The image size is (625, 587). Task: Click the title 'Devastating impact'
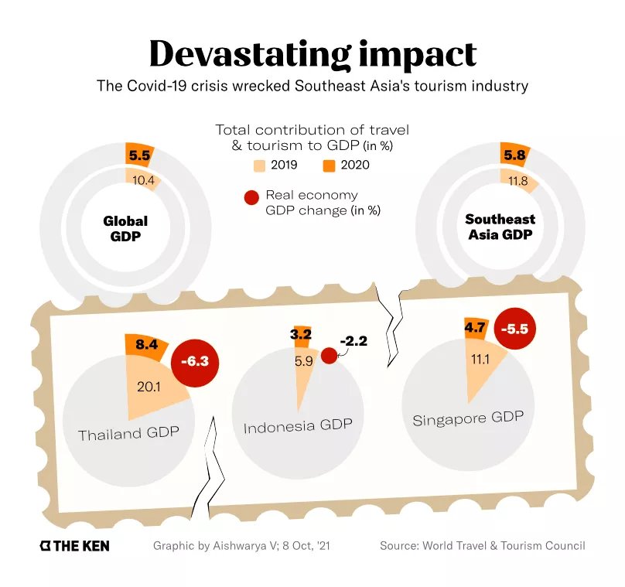[x=312, y=54]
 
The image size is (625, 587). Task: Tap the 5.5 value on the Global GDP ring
[x=139, y=155]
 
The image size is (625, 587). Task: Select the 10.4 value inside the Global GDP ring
[x=144, y=181]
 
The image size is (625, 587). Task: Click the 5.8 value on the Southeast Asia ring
[x=514, y=155]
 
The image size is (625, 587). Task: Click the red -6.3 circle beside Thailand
[x=195, y=360]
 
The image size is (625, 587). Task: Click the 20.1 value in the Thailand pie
[x=148, y=386]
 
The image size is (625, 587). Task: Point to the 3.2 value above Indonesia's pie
[x=301, y=335]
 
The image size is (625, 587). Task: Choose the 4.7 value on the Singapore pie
[x=474, y=327]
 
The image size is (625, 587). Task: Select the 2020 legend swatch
[x=329, y=165]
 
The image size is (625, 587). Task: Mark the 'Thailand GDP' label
[x=128, y=434]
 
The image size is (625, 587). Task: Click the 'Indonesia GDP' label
[x=298, y=425]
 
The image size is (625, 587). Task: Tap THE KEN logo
[x=75, y=546]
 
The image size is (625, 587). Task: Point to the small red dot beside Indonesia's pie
[x=329, y=355]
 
